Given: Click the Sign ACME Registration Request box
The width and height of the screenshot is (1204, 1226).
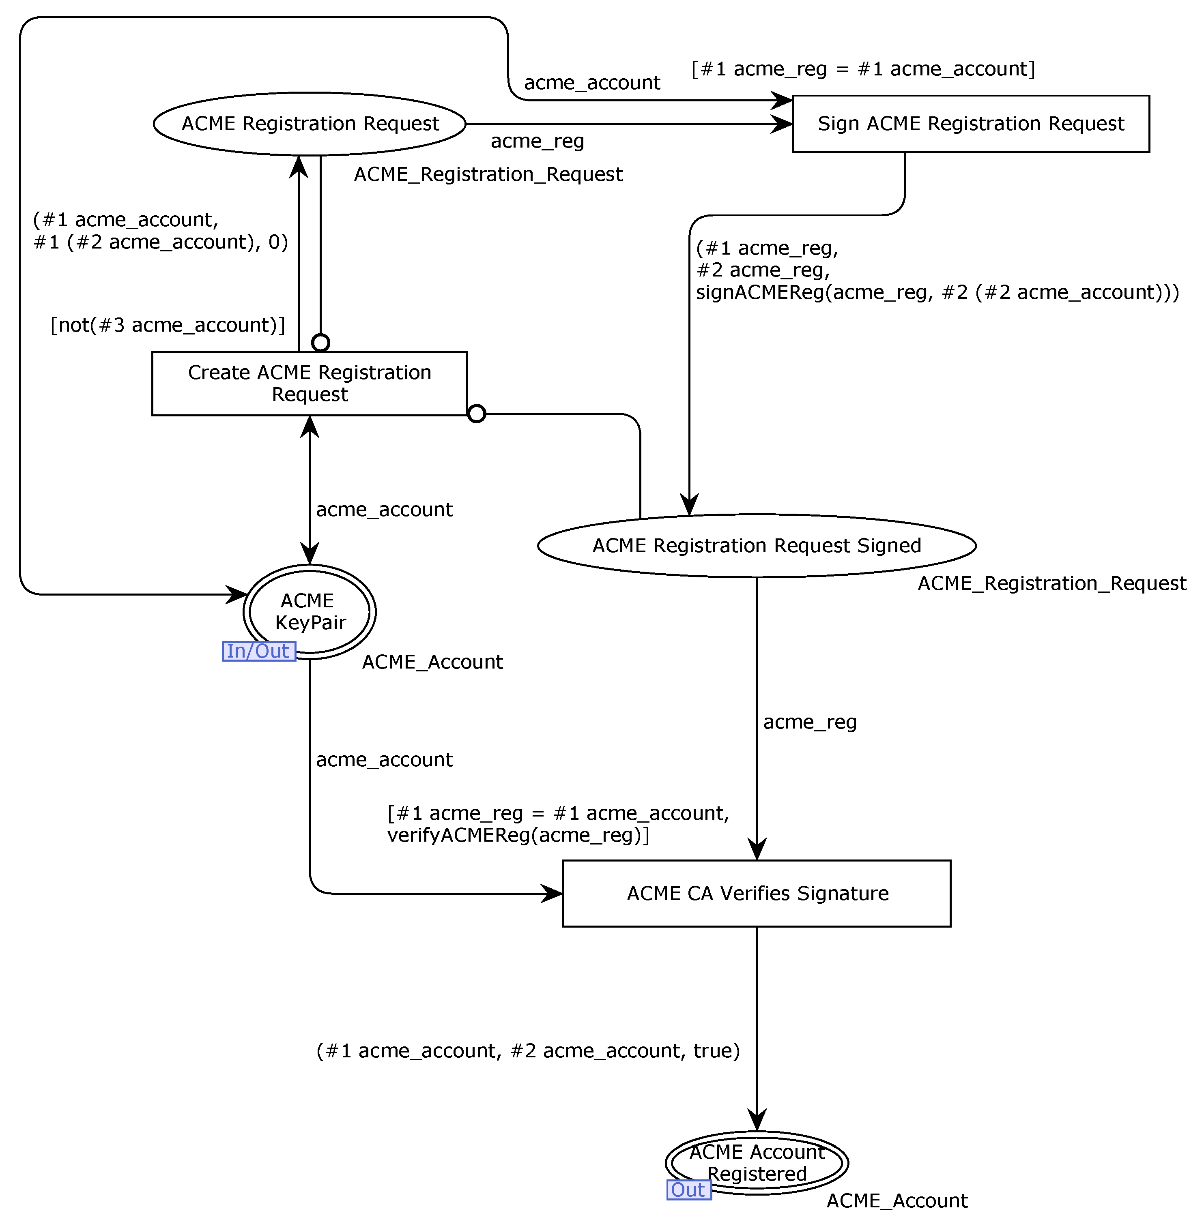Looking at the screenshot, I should pyautogui.click(x=971, y=124).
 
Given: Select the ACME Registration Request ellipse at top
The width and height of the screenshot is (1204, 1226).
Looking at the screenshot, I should pyautogui.click(x=310, y=124).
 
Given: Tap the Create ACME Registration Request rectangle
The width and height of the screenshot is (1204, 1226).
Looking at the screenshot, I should pyautogui.click(x=309, y=383).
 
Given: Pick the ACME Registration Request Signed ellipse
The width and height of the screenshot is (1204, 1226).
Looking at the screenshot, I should pyautogui.click(x=756, y=545).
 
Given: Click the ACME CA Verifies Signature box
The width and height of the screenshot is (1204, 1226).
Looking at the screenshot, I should pyautogui.click(x=756, y=893).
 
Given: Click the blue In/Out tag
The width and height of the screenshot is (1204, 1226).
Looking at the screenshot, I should pyautogui.click(x=259, y=651).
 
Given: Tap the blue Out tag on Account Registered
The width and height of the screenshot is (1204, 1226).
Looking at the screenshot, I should pyautogui.click(x=689, y=1190).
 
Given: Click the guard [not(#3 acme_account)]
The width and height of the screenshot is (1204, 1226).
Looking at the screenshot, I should pyautogui.click(x=168, y=325).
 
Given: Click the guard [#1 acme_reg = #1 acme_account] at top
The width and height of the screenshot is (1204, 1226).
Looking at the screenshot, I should pyautogui.click(x=863, y=69).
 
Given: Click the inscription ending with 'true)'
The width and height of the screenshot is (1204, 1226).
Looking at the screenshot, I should pyautogui.click(x=528, y=1050).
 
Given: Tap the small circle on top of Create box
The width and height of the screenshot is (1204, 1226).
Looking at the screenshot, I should pyautogui.click(x=320, y=343).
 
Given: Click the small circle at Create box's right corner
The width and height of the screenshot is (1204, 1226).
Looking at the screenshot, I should pyautogui.click(x=476, y=414).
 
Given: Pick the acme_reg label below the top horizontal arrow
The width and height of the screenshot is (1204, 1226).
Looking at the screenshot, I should pyautogui.click(x=537, y=141).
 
